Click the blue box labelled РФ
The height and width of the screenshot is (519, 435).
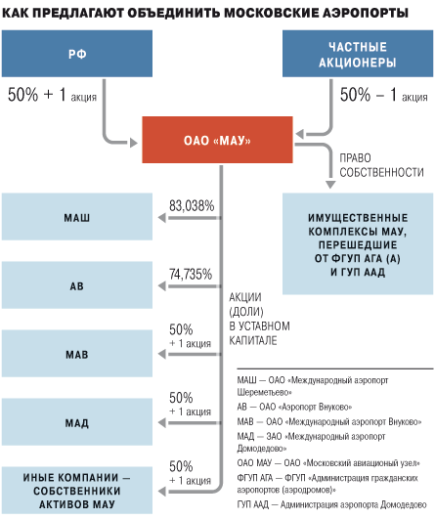[x=77, y=54]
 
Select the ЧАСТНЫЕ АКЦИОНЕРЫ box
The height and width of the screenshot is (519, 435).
[x=358, y=54]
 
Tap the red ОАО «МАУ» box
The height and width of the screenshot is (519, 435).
[x=217, y=140]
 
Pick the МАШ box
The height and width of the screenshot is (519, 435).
[x=77, y=217]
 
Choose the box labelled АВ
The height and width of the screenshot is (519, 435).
[x=77, y=285]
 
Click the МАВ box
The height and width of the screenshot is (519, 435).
[x=77, y=354]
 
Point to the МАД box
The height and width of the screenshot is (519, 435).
[x=77, y=422]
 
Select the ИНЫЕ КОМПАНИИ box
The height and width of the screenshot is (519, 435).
[x=77, y=491]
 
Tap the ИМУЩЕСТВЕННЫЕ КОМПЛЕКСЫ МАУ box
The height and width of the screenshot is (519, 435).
[x=358, y=244]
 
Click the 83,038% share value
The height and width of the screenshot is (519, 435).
[x=192, y=206]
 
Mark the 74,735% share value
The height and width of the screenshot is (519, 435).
[x=191, y=274]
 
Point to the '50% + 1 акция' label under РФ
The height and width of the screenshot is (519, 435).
[x=52, y=95]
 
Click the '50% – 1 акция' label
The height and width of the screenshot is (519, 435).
[x=384, y=95]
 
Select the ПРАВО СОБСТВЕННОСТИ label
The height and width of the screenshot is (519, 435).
[x=381, y=165]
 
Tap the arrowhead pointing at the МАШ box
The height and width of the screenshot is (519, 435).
[x=162, y=218]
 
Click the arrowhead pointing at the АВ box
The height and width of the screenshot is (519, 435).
[x=162, y=286]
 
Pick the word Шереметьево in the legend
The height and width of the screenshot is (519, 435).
[x=264, y=393]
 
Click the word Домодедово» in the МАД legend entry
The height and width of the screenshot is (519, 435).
[x=262, y=449]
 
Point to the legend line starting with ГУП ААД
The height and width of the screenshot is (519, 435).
[x=331, y=504]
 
